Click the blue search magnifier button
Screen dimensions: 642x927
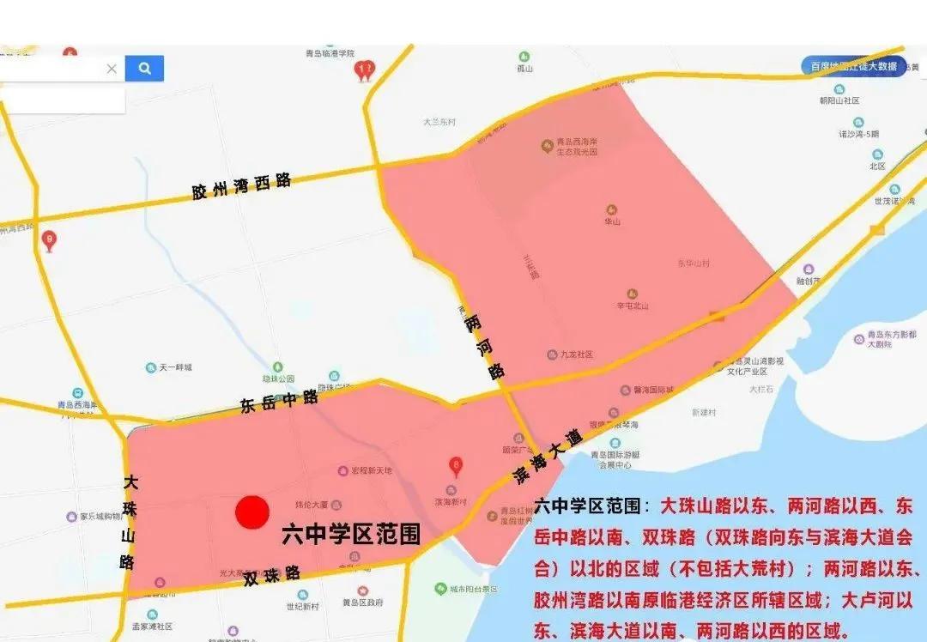144,69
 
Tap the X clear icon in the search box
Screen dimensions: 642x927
112,69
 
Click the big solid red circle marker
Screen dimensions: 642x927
253,513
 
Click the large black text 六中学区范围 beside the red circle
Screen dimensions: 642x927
352,535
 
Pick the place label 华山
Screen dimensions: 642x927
611,220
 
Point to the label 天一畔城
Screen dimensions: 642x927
175,367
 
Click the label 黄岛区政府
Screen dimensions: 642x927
367,603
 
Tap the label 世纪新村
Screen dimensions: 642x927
302,606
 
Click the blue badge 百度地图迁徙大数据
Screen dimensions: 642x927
853,67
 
